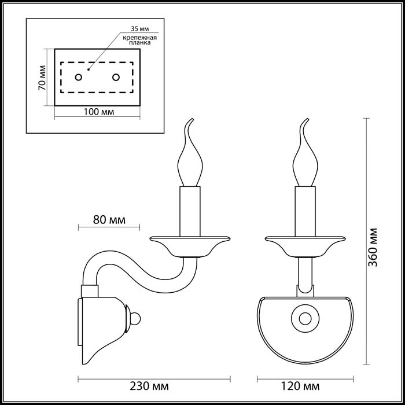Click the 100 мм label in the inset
[97, 111]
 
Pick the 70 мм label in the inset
[41, 78]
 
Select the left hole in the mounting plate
[78, 77]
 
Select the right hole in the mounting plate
[116, 77]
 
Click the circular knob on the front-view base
[304, 317]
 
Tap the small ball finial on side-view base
[136, 318]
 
